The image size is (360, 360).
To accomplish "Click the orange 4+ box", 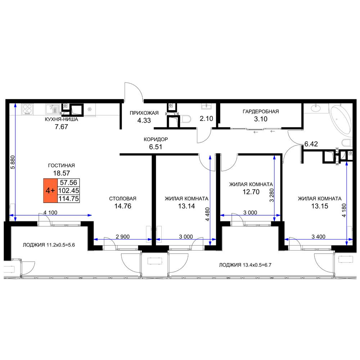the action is click(x=50, y=190).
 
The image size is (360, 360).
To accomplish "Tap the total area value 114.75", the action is click(x=69, y=199).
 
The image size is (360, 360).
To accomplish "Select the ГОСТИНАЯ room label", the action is click(x=61, y=166).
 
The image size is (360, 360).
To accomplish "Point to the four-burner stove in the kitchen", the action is click(x=27, y=109).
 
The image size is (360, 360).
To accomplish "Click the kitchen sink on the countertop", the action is click(x=52, y=109).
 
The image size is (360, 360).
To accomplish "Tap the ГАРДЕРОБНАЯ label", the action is click(x=261, y=112).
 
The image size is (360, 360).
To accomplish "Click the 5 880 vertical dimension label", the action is click(x=13, y=162).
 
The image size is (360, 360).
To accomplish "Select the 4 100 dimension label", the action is click(x=50, y=213).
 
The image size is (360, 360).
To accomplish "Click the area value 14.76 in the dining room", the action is click(x=123, y=206).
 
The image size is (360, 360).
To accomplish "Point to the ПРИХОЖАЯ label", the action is click(x=144, y=113).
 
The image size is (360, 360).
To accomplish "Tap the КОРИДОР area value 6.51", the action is click(x=156, y=147).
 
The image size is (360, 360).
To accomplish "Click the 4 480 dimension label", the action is click(x=208, y=214).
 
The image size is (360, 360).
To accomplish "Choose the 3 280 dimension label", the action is click(x=272, y=195).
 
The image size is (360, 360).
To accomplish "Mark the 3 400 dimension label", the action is click(x=319, y=237).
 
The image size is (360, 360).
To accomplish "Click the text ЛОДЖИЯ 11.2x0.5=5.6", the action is click(x=49, y=245).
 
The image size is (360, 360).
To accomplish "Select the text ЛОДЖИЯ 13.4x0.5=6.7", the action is click(x=245, y=265).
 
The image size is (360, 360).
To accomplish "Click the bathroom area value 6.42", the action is click(x=311, y=144).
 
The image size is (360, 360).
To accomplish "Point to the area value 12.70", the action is click(x=251, y=192).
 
